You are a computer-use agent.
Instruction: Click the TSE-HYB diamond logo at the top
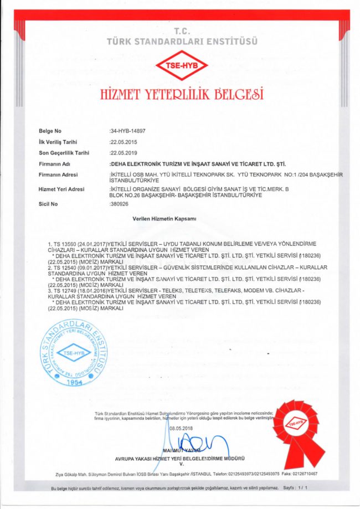pos(181,66)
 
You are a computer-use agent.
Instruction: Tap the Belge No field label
pos(50,131)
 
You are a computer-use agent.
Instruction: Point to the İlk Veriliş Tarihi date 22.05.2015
pos(124,142)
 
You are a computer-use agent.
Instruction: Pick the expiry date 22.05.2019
pos(124,152)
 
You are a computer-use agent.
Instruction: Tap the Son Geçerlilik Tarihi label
pos(64,152)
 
